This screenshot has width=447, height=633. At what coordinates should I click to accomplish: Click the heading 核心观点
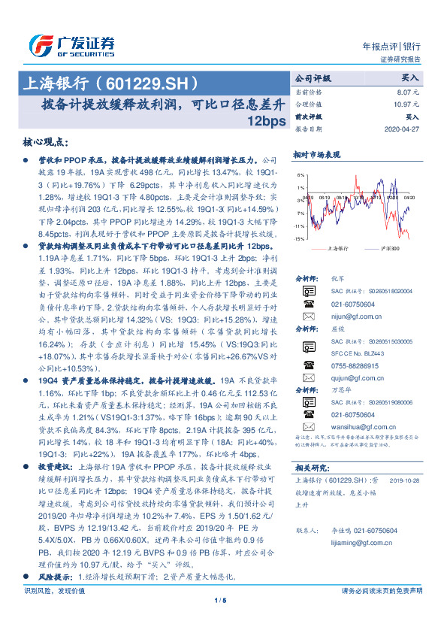click(x=47, y=142)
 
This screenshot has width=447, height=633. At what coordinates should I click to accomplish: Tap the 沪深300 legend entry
click(x=390, y=248)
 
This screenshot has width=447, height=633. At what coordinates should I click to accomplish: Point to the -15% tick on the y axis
click(x=299, y=238)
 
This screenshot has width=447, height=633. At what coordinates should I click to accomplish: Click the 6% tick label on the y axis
click(x=301, y=174)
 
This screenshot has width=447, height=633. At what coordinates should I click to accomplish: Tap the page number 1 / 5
click(x=220, y=620)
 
